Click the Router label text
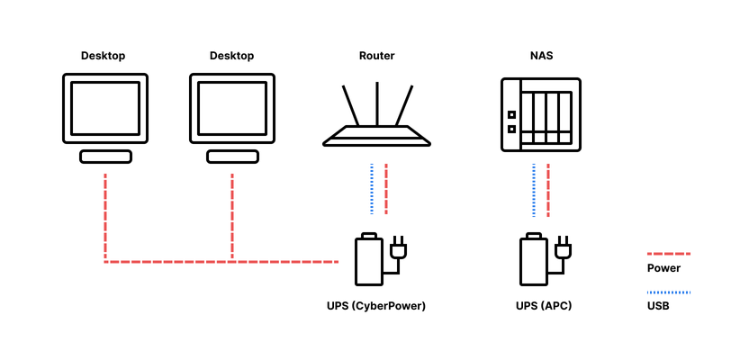click(x=376, y=56)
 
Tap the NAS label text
click(x=541, y=56)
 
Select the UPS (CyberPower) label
click(x=375, y=306)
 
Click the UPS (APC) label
click(x=544, y=306)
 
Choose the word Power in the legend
click(x=663, y=268)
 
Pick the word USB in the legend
click(x=658, y=306)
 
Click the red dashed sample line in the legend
click(x=669, y=255)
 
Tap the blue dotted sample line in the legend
click(x=669, y=292)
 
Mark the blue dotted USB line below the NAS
click(x=534, y=189)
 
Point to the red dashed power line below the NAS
click(x=548, y=189)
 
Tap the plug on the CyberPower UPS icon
click(x=397, y=249)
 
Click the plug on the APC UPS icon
click(x=563, y=249)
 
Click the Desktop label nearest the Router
click(x=231, y=56)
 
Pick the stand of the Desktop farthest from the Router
click(x=105, y=157)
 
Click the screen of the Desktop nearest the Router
click(x=232, y=107)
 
